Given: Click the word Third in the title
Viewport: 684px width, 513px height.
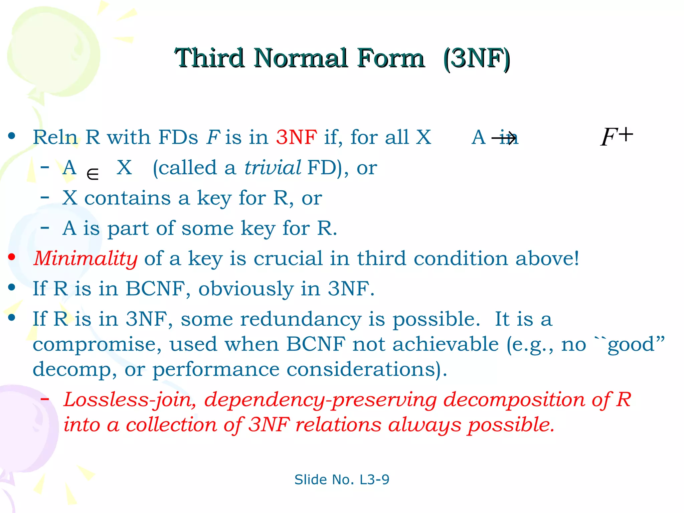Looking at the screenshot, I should pos(209,58).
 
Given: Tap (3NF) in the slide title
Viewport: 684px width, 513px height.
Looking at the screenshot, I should pos(477,59).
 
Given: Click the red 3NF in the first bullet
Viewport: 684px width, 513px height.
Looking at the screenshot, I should pos(297,137).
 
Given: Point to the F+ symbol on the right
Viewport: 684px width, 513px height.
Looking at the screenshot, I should pos(617,137).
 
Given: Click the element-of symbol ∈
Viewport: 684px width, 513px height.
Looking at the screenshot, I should pos(93,174).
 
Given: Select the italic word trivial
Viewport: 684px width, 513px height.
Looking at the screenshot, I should pos(273,168).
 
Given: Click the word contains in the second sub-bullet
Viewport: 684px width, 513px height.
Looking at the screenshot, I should pos(127,198).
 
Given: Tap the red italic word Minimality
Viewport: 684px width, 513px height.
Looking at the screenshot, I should pos(85,259).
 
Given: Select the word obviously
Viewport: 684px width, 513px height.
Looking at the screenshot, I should pos(246,289).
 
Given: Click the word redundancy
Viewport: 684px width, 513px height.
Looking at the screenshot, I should pos(301,319).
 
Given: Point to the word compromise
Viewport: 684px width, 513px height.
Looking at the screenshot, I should pos(97,345).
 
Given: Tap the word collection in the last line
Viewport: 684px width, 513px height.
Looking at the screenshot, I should pos(171,425).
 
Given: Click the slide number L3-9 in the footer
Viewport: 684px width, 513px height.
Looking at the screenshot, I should pos(374,480).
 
